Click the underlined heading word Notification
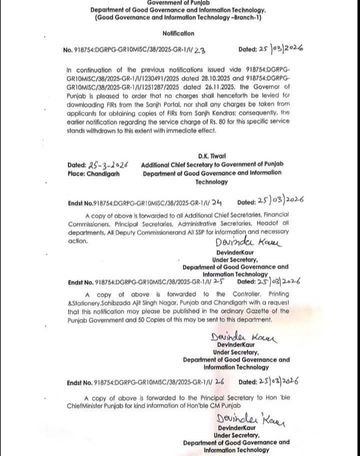tap(178, 33)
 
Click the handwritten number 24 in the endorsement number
tap(216, 202)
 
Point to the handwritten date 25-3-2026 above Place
tap(108, 165)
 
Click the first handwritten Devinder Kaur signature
tap(248, 243)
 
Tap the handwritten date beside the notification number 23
tap(281, 49)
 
